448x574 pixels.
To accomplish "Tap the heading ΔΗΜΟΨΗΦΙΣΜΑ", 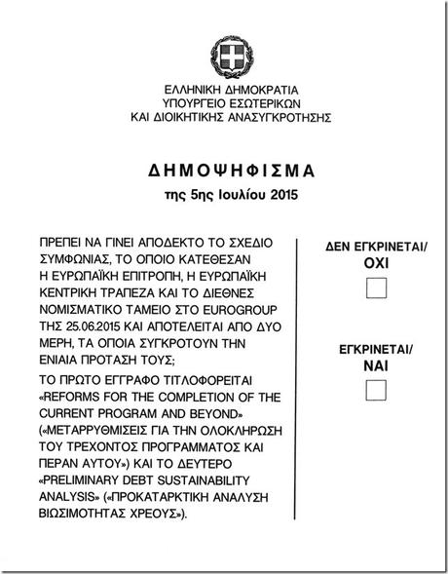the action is (223, 170).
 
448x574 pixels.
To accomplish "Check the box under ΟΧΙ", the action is (375, 288).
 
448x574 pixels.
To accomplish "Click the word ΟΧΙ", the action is (375, 263).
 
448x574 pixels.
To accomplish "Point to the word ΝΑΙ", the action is (375, 365).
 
